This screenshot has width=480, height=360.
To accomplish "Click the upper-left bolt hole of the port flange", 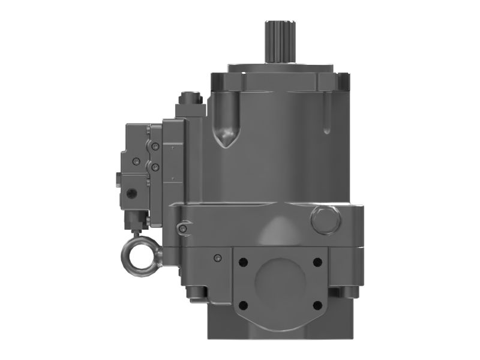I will tap(242, 262).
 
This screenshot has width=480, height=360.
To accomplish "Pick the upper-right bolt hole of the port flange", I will tap(317, 262).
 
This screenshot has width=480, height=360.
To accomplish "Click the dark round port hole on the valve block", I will tap(131, 192).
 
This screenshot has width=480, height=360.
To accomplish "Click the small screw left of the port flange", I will tap(217, 258).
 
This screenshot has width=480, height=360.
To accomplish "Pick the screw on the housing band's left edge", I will tap(182, 227).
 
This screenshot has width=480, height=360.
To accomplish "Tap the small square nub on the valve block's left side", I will tap(119, 178).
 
